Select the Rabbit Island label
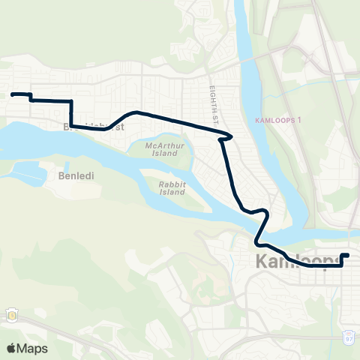(x=172, y=187)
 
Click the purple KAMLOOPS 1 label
(x=278, y=120)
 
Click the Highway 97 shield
(x=349, y=337)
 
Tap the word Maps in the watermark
(x=32, y=348)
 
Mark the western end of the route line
(x=12, y=94)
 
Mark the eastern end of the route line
(x=348, y=256)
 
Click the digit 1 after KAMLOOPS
(x=299, y=120)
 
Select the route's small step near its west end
(x=30, y=97)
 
